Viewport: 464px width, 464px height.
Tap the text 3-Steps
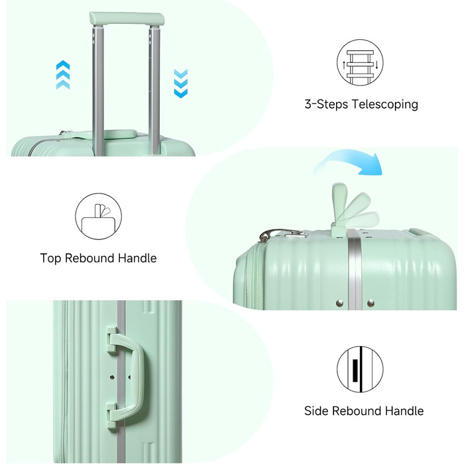326,105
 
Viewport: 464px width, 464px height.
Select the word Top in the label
50,259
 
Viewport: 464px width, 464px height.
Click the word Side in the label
316,411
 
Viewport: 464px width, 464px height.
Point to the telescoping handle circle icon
360,63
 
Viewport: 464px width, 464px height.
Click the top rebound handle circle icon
98,216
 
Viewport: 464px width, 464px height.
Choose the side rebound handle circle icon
360,369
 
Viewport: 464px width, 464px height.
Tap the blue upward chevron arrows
63,74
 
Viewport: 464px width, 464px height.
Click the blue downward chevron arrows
181,84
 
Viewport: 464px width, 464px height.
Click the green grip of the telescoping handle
127,19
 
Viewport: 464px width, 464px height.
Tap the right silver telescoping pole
154,90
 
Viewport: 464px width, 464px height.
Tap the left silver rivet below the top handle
340,303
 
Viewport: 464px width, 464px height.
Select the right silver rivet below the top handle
371,303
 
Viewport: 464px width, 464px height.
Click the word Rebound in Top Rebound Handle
89,259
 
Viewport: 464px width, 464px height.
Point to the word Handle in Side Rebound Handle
404,411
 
